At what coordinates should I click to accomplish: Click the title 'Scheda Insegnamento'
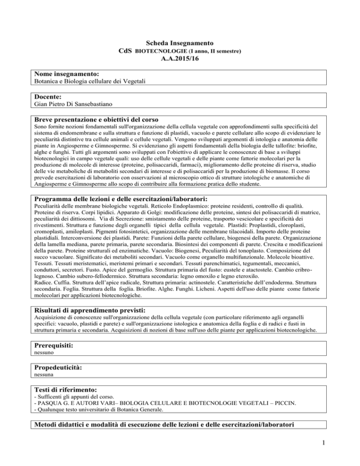click(180, 41)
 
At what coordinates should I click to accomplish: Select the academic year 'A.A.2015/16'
click(180, 59)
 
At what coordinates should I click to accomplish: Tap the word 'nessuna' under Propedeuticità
click(44, 376)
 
